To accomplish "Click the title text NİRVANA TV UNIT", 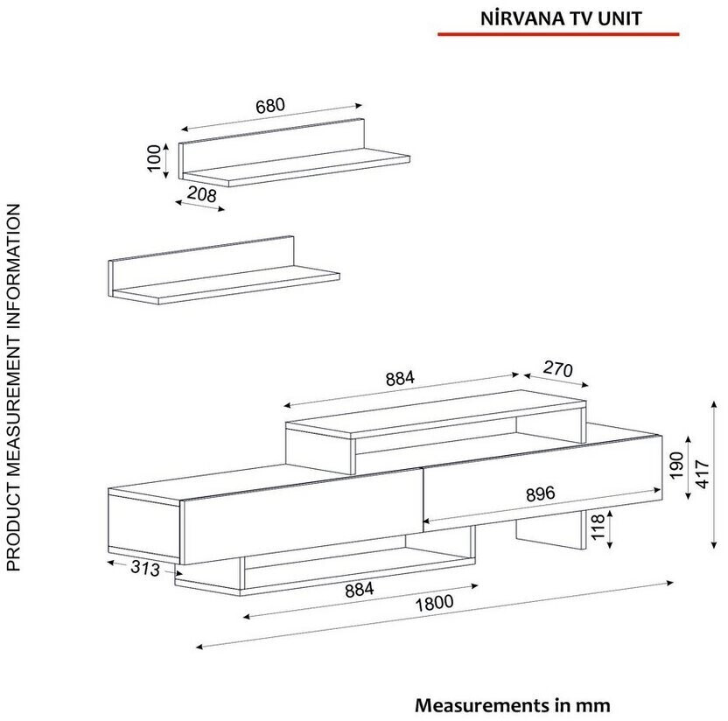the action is (x=561, y=18).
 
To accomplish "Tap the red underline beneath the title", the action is (x=558, y=34).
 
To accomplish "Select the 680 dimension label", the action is (x=270, y=106).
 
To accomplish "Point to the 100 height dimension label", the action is (x=154, y=157).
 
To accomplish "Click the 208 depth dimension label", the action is (x=202, y=193).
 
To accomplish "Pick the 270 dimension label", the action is (x=557, y=369).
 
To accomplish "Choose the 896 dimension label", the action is (x=541, y=494).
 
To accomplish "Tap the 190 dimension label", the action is (x=677, y=465).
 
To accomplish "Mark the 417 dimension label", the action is (x=703, y=474).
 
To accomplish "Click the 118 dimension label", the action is (x=598, y=527).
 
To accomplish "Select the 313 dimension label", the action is (x=145, y=568).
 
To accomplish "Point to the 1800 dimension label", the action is (x=434, y=604).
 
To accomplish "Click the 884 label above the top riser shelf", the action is (x=400, y=379).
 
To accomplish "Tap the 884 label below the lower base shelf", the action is (x=360, y=590).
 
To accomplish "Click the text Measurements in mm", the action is (x=512, y=705).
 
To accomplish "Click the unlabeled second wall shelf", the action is (x=224, y=270).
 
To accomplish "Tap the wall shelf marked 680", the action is (x=294, y=153).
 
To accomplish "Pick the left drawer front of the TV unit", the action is (x=302, y=517).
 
